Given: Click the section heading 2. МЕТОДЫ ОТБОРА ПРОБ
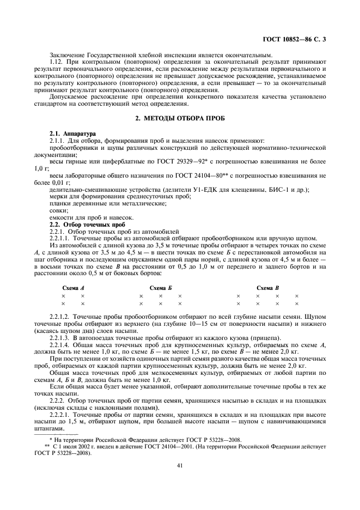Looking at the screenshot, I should [180, 119].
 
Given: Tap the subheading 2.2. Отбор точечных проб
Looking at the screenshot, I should [88, 224].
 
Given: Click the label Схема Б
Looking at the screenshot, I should [160, 287].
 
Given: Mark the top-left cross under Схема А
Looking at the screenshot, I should [63, 296].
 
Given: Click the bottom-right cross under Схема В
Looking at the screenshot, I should [297, 303].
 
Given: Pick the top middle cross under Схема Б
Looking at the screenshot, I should [161, 296].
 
